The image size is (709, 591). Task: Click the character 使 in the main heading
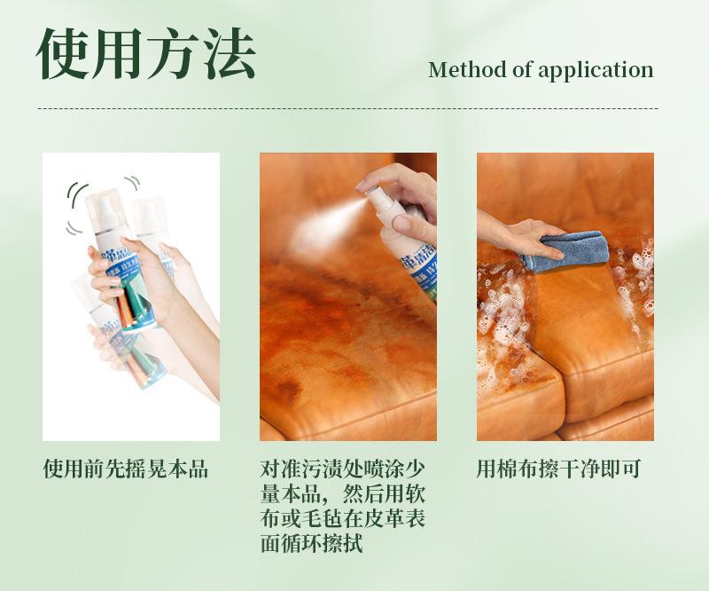click(64, 55)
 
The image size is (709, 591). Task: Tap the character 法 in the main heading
click(227, 55)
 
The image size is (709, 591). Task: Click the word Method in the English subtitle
click(467, 70)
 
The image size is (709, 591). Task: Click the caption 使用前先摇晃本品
click(126, 469)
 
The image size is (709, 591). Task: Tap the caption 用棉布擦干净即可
click(558, 469)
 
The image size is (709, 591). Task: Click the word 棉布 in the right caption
click(517, 469)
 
